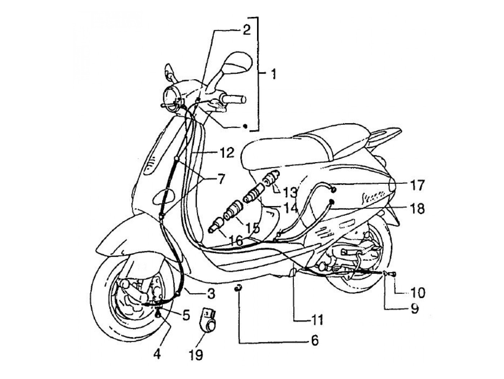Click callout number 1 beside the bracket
[274, 75]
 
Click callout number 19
[197, 355]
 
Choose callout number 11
[317, 319]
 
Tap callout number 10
[418, 292]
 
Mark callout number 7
[219, 178]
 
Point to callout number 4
[157, 355]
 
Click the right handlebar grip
[234, 98]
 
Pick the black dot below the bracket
[245, 126]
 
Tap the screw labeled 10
[393, 275]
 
